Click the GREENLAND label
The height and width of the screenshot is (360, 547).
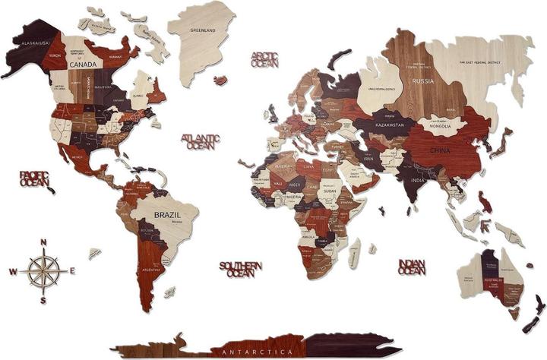[203, 31]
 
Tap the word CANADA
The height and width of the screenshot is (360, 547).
[82, 65]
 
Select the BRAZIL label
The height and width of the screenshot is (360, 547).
[168, 215]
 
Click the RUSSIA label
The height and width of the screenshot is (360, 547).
[422, 81]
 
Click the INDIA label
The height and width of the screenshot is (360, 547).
[418, 180]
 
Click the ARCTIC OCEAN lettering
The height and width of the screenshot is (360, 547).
[265, 59]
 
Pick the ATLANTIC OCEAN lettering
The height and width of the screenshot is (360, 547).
[200, 141]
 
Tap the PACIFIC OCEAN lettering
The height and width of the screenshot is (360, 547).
[34, 179]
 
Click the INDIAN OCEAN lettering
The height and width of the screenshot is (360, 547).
[411, 267]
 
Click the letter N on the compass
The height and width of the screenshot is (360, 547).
[44, 242]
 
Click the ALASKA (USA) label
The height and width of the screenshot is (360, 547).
[35, 44]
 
